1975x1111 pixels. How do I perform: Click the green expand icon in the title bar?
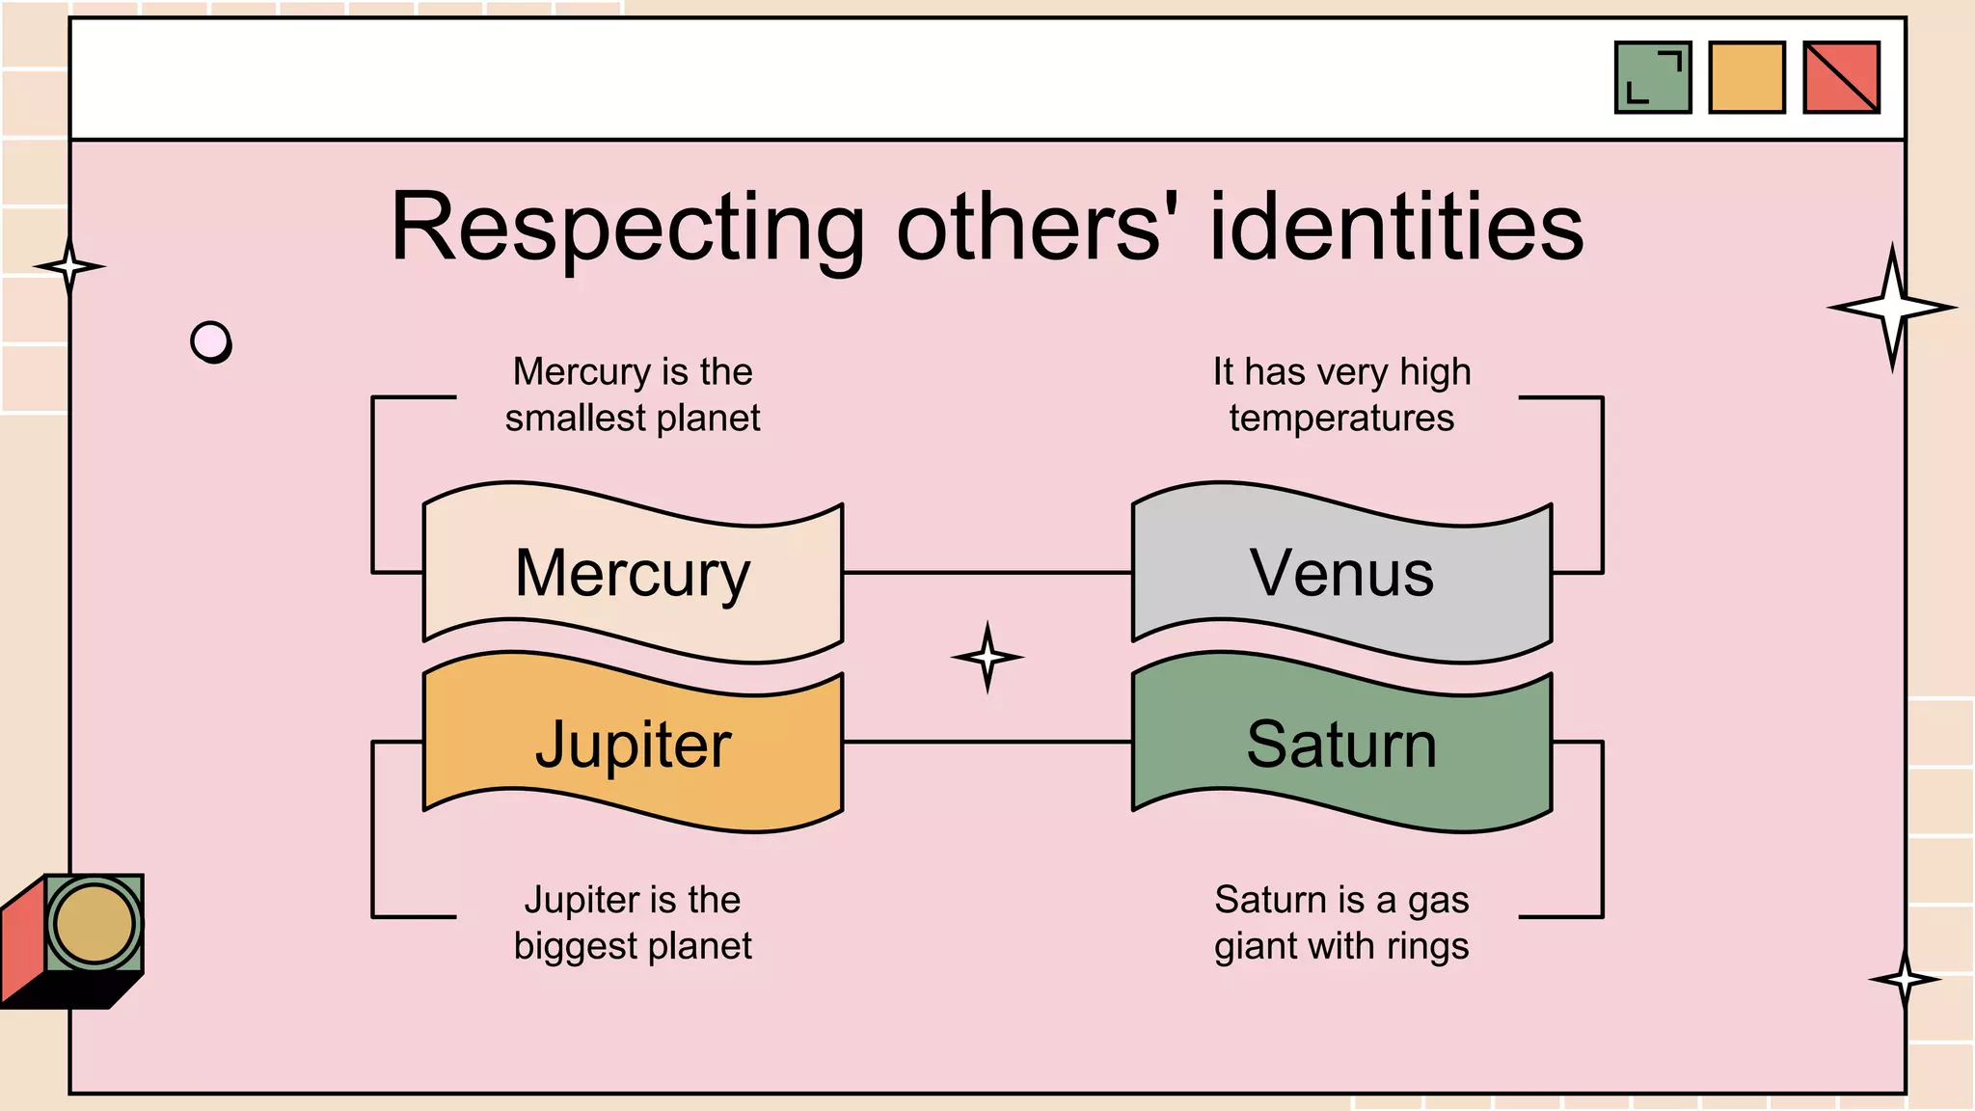[x=1653, y=77]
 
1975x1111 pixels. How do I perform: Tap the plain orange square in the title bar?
[x=1746, y=77]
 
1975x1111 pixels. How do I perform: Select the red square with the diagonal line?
[x=1841, y=77]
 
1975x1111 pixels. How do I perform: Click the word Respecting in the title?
[x=628, y=229]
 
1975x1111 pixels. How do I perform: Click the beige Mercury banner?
[x=633, y=573]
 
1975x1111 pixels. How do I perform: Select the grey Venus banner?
[x=1341, y=573]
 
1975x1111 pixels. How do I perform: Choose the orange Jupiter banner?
[x=633, y=744]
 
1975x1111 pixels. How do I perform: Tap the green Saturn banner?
[x=1341, y=744]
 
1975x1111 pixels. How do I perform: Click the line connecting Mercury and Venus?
[x=987, y=573]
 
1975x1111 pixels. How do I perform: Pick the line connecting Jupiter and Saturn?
[x=987, y=742]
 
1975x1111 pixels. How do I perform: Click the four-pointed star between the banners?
[x=987, y=657]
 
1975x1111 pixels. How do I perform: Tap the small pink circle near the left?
[x=210, y=340]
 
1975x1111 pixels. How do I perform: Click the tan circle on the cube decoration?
[x=94, y=923]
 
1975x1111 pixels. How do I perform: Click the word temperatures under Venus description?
[x=1341, y=419]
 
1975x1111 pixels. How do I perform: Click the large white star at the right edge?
[x=1892, y=308]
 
